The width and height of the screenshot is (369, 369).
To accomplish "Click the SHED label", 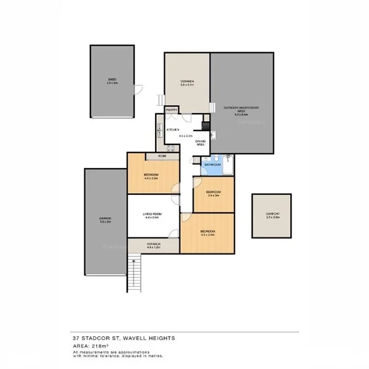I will pos(112,79).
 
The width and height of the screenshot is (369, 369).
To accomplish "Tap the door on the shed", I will pos(140,90).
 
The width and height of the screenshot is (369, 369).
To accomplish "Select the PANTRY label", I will pos(172,110).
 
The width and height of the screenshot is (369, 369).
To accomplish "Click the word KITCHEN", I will pos(173,130).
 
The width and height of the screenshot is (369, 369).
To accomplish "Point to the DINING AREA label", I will pos(200,143).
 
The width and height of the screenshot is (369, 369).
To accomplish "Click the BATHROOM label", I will pos(212,164).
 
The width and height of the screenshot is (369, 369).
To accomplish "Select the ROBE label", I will pos(162,156).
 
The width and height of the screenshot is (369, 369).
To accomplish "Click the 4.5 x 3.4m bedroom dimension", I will pos(207,234).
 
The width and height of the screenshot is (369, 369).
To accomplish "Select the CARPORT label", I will pos(272,214).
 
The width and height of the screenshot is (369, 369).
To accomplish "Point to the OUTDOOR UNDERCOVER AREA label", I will pos(241,109).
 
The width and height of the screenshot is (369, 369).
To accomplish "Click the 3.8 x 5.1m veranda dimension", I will pos(187,84).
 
